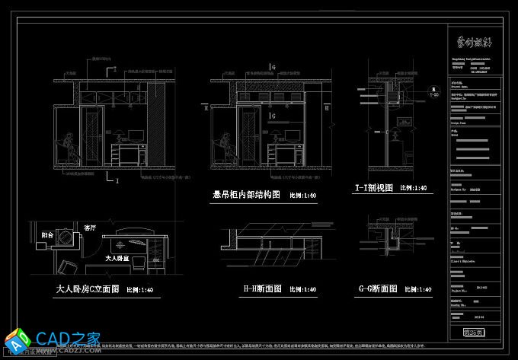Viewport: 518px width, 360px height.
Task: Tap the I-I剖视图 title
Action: point(373,187)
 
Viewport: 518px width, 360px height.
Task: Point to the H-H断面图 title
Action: point(262,289)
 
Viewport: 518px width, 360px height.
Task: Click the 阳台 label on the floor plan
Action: point(47,236)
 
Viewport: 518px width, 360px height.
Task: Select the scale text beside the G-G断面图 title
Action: point(417,290)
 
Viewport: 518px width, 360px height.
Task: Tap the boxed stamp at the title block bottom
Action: point(473,332)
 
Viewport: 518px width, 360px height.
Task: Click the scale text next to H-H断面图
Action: point(303,290)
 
